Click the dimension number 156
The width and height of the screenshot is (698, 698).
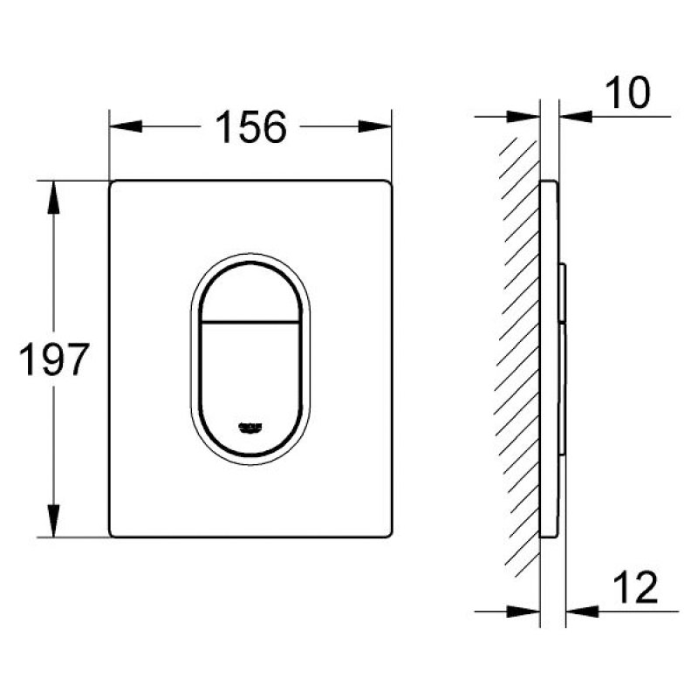pyautogui.click(x=250, y=127)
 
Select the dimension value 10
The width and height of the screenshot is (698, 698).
pyautogui.click(x=629, y=93)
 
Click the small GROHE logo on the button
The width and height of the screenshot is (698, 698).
pyautogui.click(x=250, y=425)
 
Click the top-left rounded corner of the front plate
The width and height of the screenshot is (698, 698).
pyautogui.click(x=113, y=185)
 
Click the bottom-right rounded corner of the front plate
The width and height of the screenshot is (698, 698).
pyautogui.click(x=386, y=531)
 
